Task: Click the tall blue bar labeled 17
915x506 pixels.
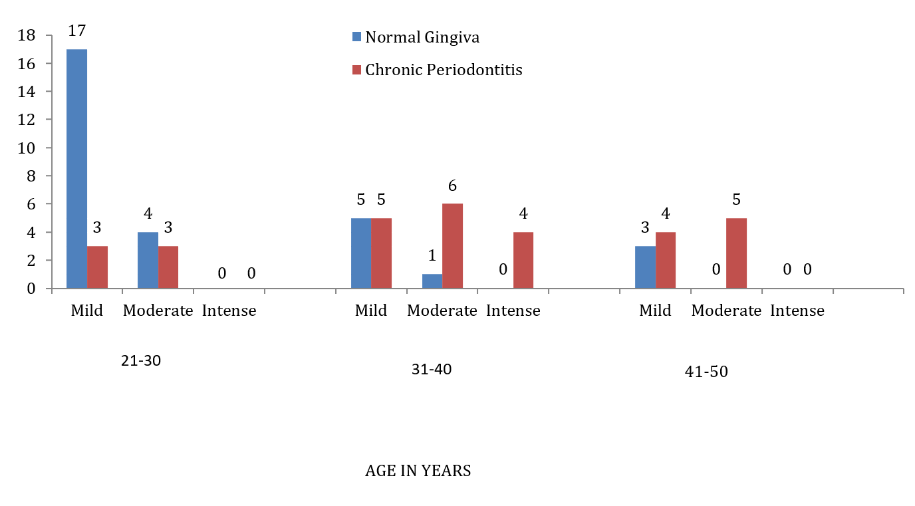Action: (76, 169)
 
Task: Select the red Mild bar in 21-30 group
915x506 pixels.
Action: (97, 267)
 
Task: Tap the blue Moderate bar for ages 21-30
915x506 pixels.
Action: (148, 260)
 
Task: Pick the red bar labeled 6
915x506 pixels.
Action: (453, 246)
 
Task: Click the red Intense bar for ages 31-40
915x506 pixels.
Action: (523, 260)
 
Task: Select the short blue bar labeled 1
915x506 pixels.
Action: (432, 281)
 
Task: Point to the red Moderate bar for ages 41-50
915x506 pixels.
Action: (737, 253)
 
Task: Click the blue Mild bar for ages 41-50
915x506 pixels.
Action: (646, 267)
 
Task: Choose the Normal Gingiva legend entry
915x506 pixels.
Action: (416, 37)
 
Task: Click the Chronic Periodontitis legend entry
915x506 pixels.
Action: (438, 70)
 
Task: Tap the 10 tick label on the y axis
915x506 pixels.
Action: (27, 148)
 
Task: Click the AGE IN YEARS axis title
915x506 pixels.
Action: (418, 471)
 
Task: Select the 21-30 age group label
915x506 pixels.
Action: (141, 360)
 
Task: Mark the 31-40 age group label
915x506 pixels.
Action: (432, 369)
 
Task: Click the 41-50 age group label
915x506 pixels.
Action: (706, 372)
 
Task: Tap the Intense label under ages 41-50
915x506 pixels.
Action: (797, 311)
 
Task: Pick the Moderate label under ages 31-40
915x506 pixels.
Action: (442, 311)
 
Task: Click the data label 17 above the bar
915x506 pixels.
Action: (76, 31)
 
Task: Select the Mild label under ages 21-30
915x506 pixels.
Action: (86, 311)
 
